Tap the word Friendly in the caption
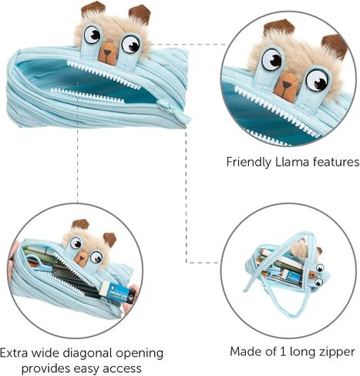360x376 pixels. (249, 163)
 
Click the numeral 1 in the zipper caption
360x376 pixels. (283, 351)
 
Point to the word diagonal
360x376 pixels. (87, 354)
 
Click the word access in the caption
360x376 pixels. (122, 369)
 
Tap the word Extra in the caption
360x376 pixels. (14, 353)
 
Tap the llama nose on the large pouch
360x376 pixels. (107, 53)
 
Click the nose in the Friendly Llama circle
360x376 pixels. (286, 86)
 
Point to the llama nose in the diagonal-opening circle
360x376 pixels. (82, 258)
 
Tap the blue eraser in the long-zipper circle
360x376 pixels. (293, 279)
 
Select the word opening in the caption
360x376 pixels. (140, 354)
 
